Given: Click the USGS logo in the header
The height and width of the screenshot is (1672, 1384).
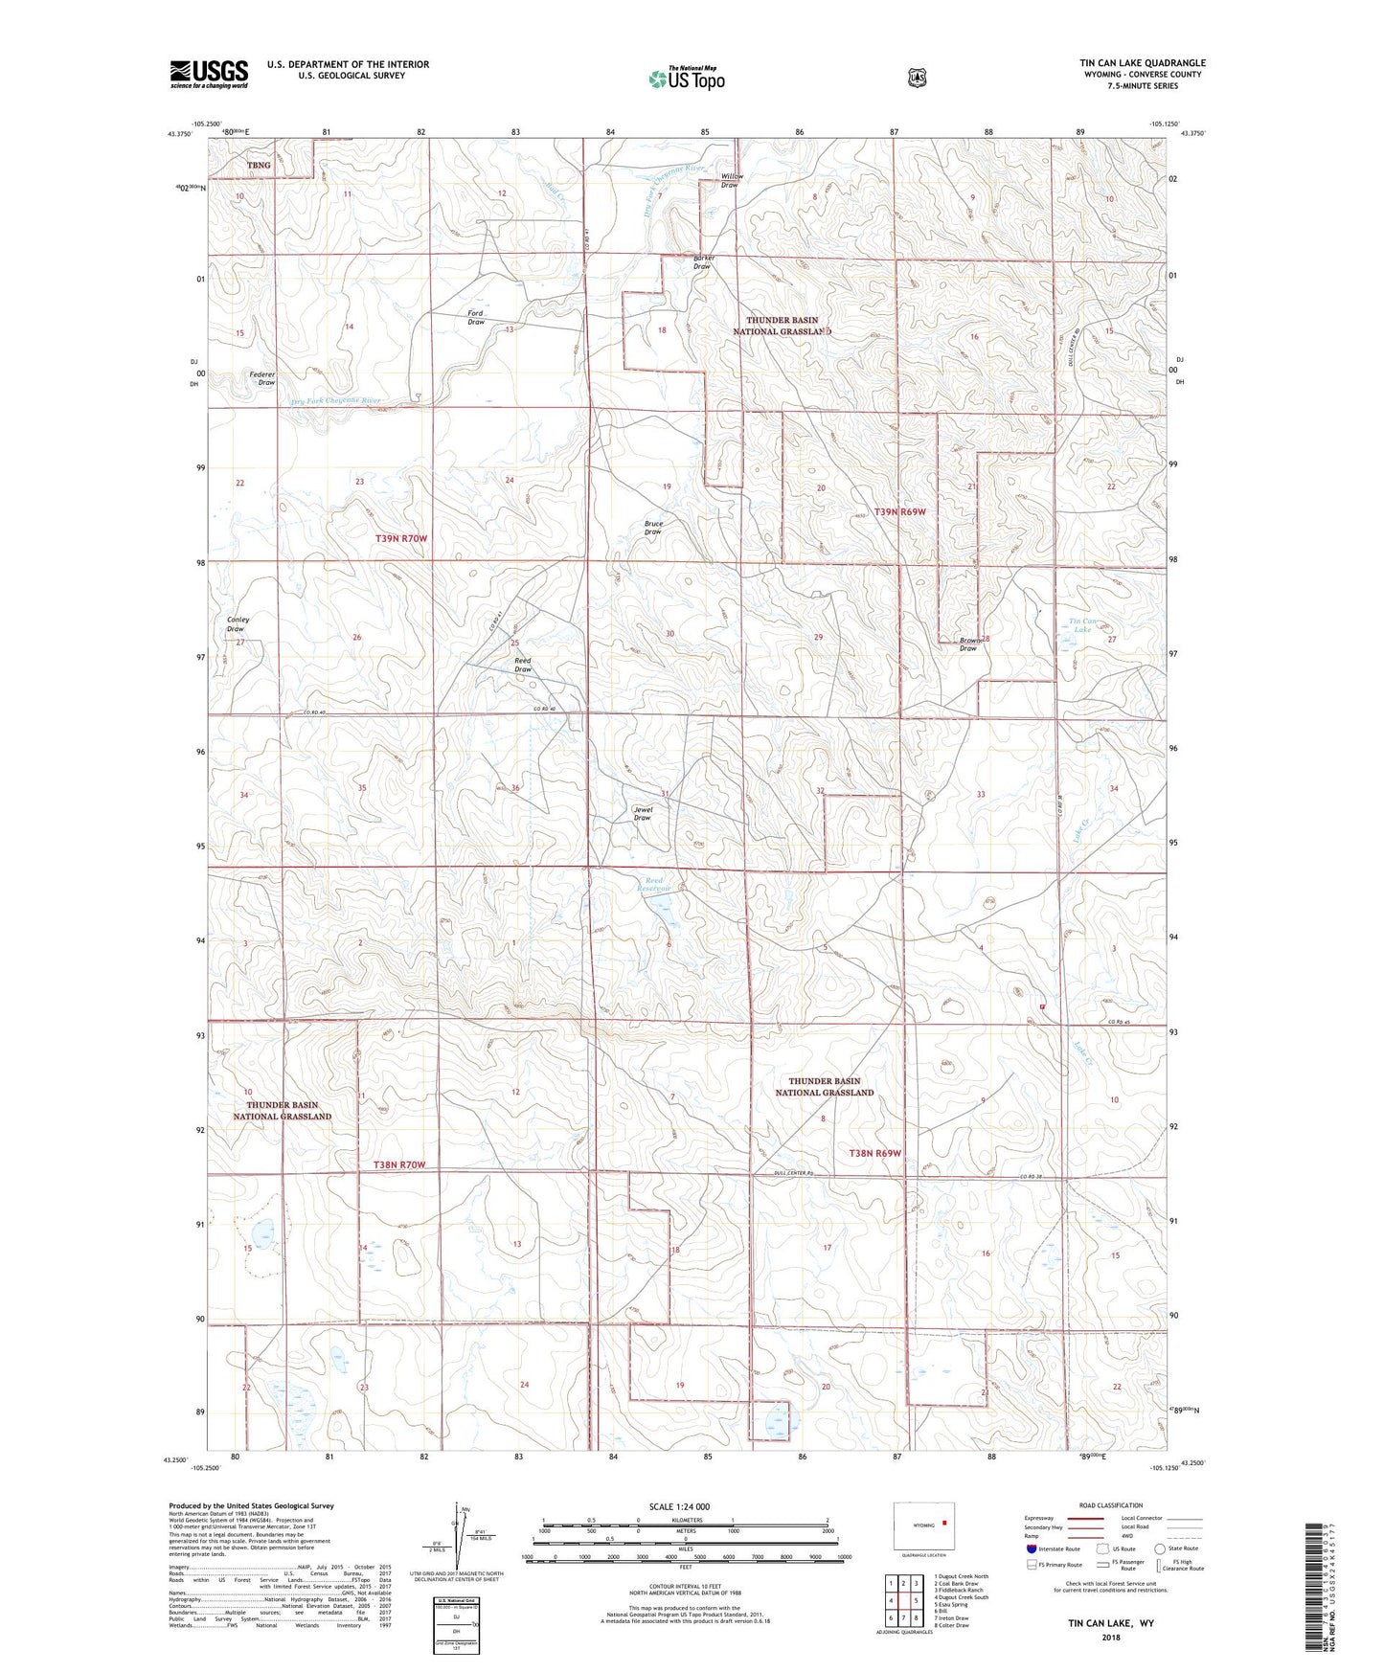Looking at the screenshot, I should [209, 74].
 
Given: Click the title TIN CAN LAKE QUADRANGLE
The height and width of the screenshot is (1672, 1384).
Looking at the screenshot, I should [1143, 63].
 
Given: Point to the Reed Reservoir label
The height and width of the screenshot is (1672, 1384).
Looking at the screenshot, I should [654, 884].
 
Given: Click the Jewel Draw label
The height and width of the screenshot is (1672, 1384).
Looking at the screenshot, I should [643, 813].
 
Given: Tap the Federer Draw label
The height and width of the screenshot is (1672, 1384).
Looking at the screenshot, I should [262, 378].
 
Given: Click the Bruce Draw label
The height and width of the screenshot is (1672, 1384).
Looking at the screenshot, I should [653, 528].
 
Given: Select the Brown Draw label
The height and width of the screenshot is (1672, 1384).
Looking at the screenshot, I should [969, 644].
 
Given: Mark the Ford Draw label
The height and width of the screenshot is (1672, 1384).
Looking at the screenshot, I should [476, 318].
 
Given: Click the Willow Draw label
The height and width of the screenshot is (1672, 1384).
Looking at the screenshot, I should [731, 180].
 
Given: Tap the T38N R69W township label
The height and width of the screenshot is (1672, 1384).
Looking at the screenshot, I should [875, 1153].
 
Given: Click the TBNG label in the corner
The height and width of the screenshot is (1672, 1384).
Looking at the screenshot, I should [259, 165].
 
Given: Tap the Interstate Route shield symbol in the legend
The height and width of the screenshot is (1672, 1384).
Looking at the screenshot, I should [1031, 1548].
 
